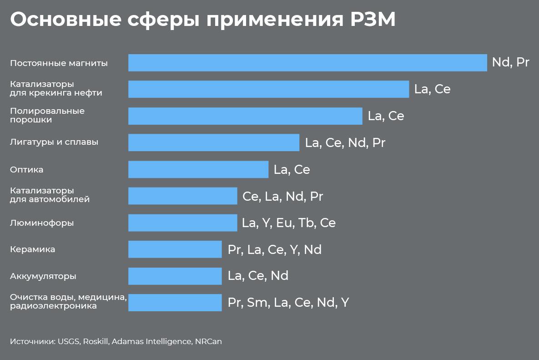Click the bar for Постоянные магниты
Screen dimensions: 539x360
[x=307, y=62]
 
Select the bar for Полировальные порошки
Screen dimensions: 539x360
[x=245, y=116]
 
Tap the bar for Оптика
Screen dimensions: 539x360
[x=198, y=169]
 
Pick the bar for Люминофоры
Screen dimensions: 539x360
[x=182, y=223]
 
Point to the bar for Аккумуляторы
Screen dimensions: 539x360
[x=175, y=276]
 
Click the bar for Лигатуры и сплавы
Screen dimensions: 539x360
[x=214, y=142]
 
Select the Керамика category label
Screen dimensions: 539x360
[x=32, y=249]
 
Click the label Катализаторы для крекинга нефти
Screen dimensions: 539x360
[x=56, y=88]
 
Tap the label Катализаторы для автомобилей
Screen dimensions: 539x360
[x=50, y=195]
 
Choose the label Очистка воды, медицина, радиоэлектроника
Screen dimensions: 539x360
[x=68, y=302]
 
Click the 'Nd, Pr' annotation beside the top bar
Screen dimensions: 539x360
[x=510, y=62]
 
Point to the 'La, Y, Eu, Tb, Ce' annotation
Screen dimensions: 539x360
[x=289, y=223]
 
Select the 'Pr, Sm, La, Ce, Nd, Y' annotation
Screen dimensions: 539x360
[x=288, y=303]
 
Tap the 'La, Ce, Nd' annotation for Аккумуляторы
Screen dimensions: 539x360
[x=258, y=276]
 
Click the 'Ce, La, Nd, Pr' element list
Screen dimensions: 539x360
[x=282, y=196]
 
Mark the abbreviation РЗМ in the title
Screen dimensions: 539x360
[x=373, y=19]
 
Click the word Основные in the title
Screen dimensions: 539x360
[x=65, y=19]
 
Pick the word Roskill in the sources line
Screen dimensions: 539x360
[x=96, y=341]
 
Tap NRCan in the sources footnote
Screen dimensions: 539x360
[x=208, y=341]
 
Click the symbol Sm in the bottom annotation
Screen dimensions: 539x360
[x=257, y=303]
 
